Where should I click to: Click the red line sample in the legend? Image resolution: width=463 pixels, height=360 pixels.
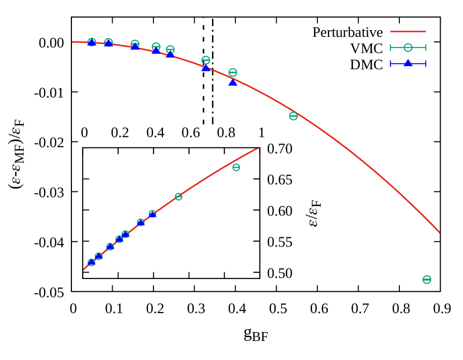pos(408,32)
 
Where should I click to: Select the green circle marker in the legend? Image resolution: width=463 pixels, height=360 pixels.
pos(408,48)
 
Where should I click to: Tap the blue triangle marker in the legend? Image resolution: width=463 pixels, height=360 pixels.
pos(408,63)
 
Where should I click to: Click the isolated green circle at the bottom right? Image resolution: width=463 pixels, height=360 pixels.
pos(427,280)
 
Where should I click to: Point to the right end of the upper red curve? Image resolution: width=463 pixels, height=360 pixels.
pos(440,232)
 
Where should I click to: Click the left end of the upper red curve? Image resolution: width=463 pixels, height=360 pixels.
pos(73,42)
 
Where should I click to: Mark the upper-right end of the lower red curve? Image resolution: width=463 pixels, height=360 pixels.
pos(257,148)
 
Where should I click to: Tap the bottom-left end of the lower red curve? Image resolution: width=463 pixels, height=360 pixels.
pos(84,270)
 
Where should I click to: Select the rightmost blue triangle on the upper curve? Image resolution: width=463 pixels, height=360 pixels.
pos(233,82)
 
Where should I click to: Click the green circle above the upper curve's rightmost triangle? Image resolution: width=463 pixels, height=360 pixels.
pos(233,73)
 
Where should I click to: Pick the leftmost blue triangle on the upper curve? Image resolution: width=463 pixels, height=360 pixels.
pos(91,42)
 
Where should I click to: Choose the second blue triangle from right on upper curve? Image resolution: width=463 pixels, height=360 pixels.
pos(206,68)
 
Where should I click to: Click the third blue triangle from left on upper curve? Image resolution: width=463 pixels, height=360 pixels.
pos(134,46)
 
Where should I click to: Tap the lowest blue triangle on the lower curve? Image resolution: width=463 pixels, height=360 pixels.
pos(91,262)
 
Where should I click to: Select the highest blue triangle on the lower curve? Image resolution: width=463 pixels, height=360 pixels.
pos(152,214)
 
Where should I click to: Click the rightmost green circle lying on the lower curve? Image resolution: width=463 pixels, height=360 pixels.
pos(179,196)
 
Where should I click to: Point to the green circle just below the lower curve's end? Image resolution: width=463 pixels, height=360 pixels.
pos(236,167)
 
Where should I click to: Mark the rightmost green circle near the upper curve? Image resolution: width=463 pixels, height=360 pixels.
pos(293,116)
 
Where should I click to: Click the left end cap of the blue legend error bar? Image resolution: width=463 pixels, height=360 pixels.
pos(390,64)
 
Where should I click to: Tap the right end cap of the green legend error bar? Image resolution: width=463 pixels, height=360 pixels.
pos(426,48)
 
